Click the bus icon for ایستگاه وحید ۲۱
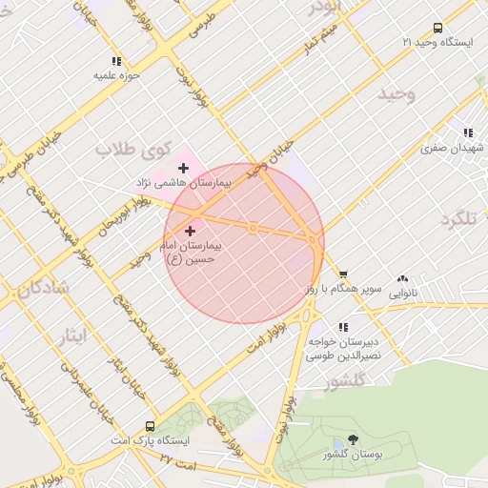click(437, 29)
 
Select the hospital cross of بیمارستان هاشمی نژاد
click(183, 168)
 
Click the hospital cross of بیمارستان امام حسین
click(190, 231)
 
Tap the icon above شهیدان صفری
click(467, 133)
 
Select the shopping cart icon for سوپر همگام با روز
click(342, 274)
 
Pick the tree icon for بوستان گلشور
click(354, 439)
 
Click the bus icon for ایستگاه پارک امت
click(150, 426)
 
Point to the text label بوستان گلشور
click(354, 456)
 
